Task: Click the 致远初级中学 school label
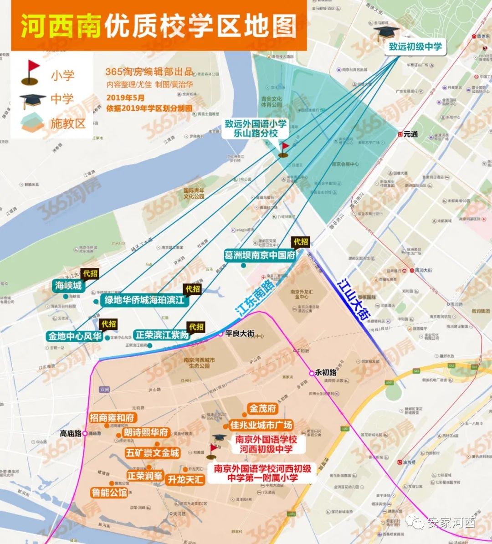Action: [x=415, y=46]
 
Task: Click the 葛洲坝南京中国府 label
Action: [x=260, y=255]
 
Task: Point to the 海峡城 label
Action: [x=68, y=286]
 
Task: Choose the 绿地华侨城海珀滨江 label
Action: [x=144, y=300]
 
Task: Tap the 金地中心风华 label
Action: [x=75, y=336]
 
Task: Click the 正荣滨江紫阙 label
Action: [x=162, y=335]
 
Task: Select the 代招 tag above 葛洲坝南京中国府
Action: [x=301, y=241]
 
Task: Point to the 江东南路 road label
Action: [x=255, y=299]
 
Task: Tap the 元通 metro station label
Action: [x=410, y=134]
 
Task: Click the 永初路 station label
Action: [x=326, y=372]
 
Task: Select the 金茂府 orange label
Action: [x=262, y=409]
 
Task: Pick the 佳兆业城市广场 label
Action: [x=261, y=425]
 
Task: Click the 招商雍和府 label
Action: [x=112, y=418]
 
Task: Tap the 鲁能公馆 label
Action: [x=109, y=493]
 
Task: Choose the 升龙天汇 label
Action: [x=185, y=479]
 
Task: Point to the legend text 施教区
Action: [x=68, y=123]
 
